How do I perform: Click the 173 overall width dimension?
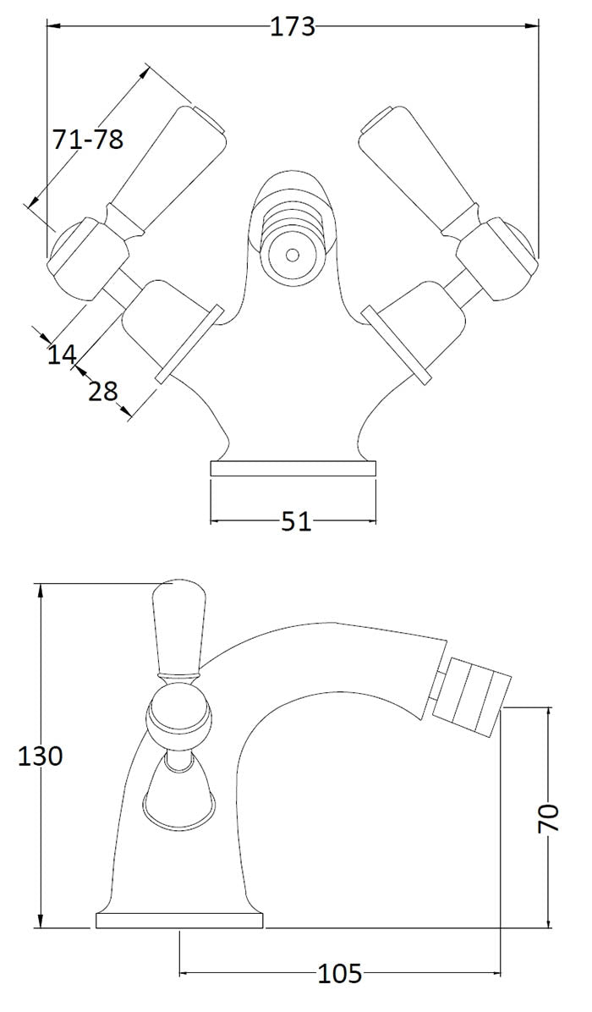point(293,27)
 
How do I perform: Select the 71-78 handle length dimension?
point(88,138)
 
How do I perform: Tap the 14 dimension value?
point(62,354)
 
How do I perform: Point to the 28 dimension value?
point(102,391)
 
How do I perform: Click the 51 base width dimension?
point(296,522)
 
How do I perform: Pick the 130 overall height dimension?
point(41,756)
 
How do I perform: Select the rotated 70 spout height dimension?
point(550,818)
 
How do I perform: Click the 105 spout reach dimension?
point(340,974)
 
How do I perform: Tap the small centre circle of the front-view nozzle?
point(292,254)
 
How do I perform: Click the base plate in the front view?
point(293,470)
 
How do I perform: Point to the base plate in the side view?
point(179,921)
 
